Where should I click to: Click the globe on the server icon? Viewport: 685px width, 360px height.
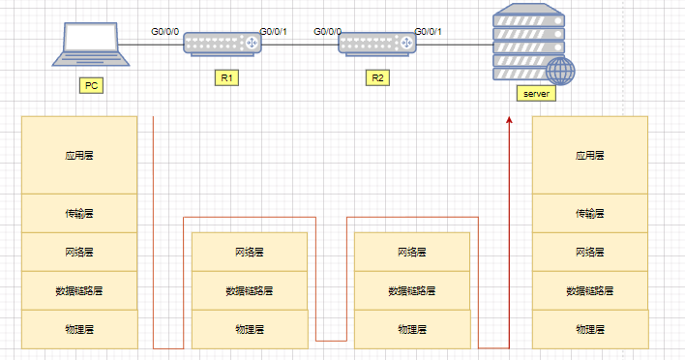559,71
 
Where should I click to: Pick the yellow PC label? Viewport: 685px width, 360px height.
92,86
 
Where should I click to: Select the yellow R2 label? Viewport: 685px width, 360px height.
377,77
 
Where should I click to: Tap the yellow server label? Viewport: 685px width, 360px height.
535,94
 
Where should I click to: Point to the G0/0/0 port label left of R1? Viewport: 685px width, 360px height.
164,32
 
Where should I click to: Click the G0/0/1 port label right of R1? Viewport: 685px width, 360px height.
274,32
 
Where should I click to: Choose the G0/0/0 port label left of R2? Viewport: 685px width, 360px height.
328,32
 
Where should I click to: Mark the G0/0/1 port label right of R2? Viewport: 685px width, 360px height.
429,32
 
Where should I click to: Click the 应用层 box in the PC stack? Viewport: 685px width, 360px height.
78,155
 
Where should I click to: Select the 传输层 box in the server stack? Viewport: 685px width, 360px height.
589,213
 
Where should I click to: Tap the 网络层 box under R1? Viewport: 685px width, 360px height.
250,252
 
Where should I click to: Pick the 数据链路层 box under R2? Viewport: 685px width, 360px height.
412,290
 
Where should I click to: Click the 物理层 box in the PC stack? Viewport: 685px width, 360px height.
78,329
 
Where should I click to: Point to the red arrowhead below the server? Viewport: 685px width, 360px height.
509,120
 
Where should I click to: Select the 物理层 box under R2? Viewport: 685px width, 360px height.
412,329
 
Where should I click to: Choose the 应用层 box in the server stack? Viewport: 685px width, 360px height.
589,155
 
